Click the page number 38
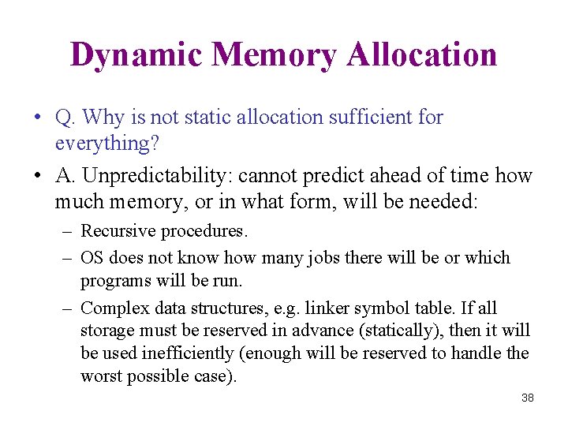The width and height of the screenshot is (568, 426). click(528, 398)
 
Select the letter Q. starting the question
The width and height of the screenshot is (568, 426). click(65, 118)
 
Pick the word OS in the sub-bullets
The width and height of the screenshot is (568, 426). click(93, 258)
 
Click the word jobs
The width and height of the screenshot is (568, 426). click(323, 258)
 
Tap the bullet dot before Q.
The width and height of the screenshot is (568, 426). click(37, 118)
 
